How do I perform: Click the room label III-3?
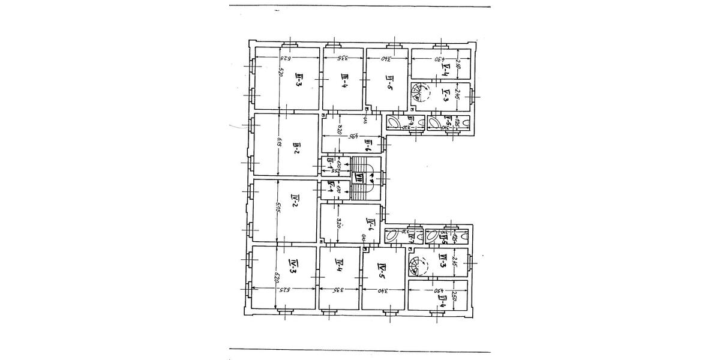[298, 80]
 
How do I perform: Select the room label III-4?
[344, 80]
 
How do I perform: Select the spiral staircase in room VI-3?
[418, 264]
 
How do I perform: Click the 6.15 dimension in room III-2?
[279, 144]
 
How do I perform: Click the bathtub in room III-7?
[395, 124]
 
